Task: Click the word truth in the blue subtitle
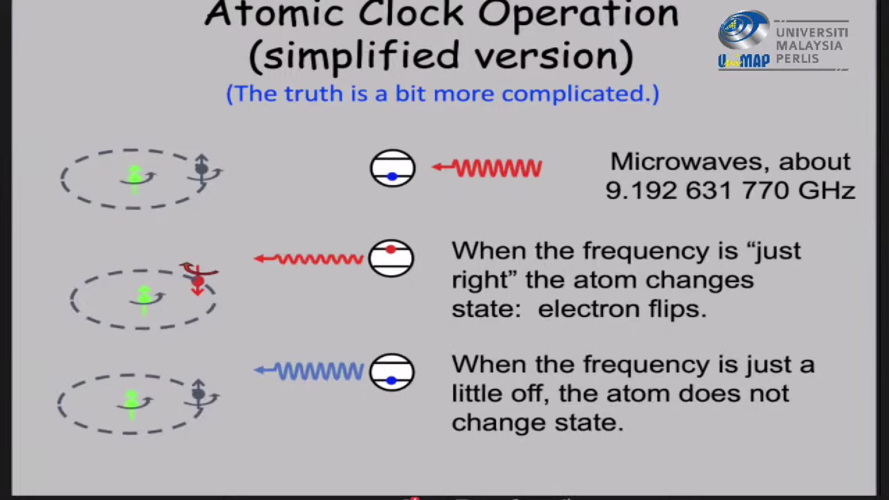click(313, 94)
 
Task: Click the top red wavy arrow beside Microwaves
click(487, 168)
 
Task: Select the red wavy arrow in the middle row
click(309, 259)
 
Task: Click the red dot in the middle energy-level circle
click(391, 250)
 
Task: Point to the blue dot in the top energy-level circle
click(392, 176)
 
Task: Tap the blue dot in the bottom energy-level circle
click(391, 381)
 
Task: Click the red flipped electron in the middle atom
click(198, 281)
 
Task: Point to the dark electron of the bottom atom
click(199, 394)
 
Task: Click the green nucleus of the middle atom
click(144, 296)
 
